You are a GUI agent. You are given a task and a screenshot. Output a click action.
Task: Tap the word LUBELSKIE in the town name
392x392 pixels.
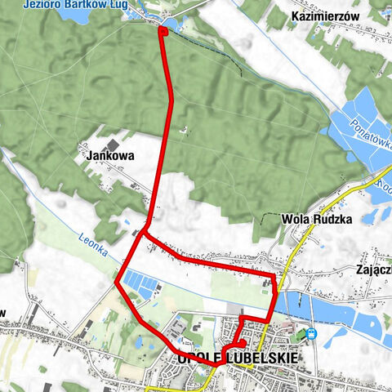(259, 359)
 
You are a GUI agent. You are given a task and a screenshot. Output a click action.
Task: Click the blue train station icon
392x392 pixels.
(310, 333)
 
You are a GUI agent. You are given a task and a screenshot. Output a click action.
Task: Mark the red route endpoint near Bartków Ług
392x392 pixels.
(163, 31)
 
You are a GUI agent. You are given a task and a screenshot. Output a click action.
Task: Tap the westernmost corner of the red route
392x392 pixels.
(118, 284)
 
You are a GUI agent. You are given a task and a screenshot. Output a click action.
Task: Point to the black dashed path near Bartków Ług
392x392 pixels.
(212, 49)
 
